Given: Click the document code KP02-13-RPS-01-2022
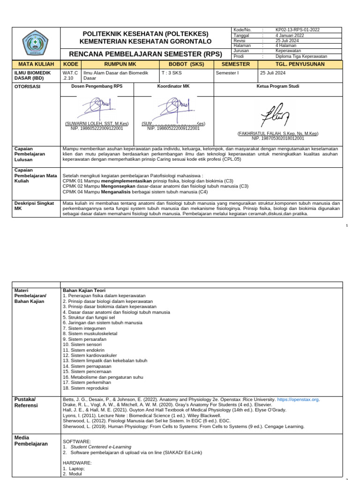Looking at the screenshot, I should [297, 30].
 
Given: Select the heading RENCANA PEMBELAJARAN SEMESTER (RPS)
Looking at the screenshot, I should [146, 54].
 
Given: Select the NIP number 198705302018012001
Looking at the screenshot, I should [277, 138].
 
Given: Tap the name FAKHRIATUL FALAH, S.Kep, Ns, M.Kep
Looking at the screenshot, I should [277, 134].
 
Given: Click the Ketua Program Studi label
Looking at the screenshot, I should [277, 87].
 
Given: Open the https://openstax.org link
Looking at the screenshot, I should [298, 399].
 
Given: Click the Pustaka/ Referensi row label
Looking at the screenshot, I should [26, 402].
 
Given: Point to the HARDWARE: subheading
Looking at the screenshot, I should [77, 463].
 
